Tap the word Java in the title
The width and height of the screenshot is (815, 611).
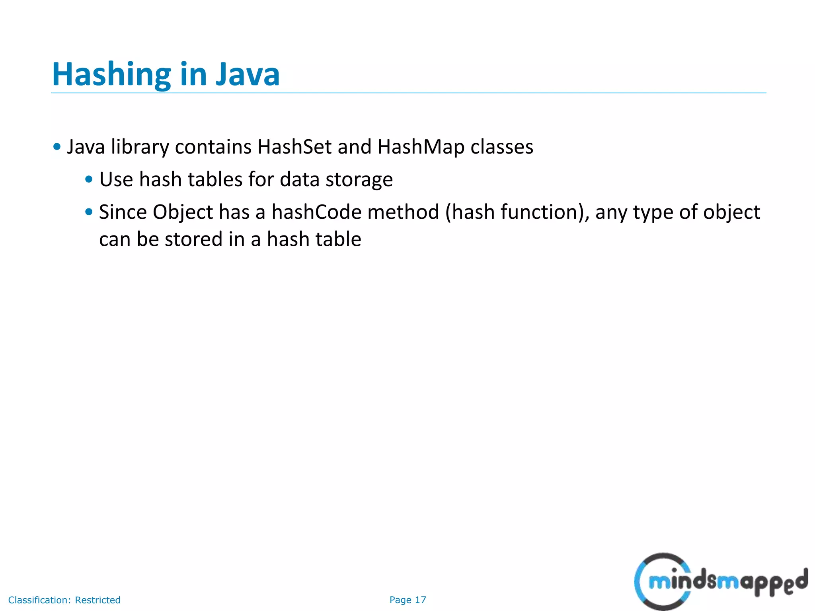248,75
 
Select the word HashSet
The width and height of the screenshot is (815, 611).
294,147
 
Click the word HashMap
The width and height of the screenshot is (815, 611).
421,147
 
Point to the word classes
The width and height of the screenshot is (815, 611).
502,147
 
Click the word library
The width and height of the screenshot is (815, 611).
140,148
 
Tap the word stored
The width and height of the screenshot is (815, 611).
193,239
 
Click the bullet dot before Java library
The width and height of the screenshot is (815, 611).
57,147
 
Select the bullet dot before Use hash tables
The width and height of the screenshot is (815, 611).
89,179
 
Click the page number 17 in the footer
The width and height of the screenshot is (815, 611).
420,600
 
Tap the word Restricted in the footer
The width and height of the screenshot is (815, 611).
97,600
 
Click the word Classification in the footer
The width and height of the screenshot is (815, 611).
39,600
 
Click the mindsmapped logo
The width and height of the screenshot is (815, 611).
720,582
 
